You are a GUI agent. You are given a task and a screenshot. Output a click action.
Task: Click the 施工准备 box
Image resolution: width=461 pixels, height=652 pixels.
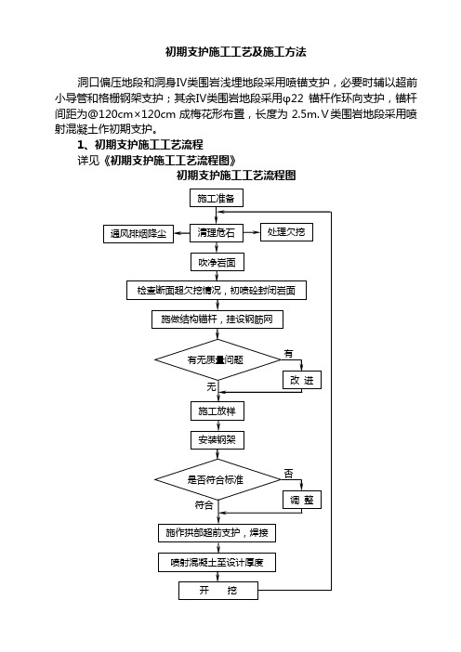217,199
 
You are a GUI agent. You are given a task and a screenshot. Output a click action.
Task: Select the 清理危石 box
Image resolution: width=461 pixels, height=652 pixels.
217,232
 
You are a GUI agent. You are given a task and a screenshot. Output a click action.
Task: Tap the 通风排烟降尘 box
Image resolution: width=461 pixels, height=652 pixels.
138,234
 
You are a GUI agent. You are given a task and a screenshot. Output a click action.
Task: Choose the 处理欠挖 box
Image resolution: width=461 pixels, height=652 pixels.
286,232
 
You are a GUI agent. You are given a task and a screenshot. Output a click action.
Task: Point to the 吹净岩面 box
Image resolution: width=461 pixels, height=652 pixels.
217,263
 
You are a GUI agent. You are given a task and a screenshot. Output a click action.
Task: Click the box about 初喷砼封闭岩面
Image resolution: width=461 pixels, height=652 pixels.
217,290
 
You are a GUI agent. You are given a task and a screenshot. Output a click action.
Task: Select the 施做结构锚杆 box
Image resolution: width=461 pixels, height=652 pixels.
217,319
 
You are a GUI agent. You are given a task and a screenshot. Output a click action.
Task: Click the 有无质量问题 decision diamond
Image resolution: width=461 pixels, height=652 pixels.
217,359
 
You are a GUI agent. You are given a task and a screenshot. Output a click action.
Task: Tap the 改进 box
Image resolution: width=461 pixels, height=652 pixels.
302,380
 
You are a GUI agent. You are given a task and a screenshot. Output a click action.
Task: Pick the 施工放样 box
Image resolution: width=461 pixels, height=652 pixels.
217,411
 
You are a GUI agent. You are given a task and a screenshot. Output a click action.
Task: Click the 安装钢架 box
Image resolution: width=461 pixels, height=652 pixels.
217,440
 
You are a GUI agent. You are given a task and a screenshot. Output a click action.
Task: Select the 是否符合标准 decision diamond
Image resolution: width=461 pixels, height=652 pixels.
217,479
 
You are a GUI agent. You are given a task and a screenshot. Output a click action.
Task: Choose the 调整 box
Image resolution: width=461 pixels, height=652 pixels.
302,500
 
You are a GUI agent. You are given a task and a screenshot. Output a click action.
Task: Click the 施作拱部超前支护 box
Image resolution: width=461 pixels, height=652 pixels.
217,533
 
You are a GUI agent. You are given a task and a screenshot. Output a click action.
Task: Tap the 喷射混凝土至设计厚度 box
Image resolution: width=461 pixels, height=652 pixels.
217,563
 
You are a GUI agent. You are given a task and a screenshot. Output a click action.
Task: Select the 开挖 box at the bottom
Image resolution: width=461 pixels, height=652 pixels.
218,591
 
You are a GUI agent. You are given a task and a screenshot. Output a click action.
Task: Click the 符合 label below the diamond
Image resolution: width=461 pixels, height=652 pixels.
204,505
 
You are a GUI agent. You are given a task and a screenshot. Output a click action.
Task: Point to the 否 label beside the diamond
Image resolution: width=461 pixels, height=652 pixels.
288,474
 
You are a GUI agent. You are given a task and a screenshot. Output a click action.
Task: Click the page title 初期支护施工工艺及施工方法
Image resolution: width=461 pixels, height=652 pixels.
236,52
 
